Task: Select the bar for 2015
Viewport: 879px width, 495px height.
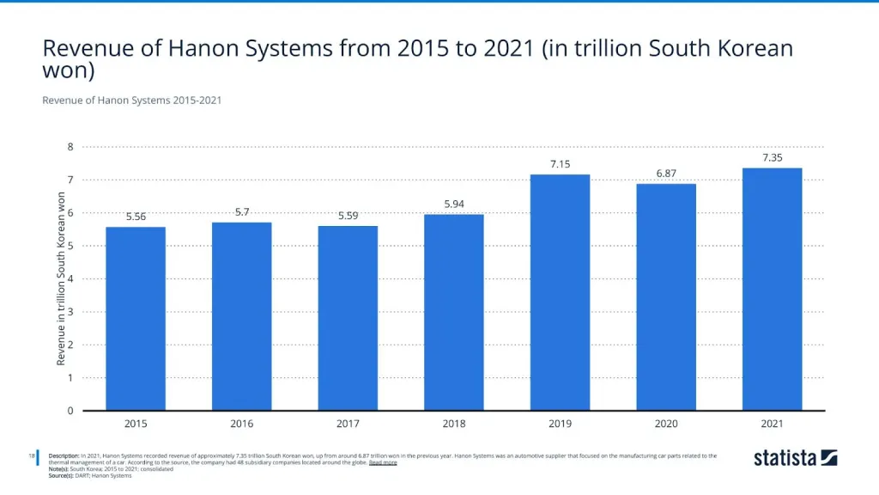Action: tap(136, 318)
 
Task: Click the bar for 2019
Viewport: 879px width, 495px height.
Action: tap(560, 292)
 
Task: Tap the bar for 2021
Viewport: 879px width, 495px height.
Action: tap(772, 289)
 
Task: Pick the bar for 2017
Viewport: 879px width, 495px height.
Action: tap(348, 318)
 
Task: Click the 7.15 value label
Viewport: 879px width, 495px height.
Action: tap(560, 163)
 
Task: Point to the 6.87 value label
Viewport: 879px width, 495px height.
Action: tap(666, 173)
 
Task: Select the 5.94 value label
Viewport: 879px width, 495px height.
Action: tap(454, 204)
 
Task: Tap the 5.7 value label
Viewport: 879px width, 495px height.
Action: tap(242, 211)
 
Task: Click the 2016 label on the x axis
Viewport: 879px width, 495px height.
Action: tap(242, 424)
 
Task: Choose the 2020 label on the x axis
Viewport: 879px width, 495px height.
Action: tap(666, 424)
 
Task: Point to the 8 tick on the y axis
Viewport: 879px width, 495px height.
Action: tap(70, 147)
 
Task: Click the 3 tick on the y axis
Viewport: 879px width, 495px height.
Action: tap(70, 312)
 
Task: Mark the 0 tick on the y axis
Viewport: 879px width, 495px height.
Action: tap(70, 411)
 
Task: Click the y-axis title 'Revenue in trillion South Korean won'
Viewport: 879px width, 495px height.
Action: tap(61, 278)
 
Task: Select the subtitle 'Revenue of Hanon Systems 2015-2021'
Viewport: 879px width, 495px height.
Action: tap(131, 101)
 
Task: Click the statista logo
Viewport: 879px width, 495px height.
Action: tap(795, 458)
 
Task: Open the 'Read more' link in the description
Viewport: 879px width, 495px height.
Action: tap(383, 462)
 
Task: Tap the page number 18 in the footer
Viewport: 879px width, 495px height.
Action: tap(31, 455)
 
